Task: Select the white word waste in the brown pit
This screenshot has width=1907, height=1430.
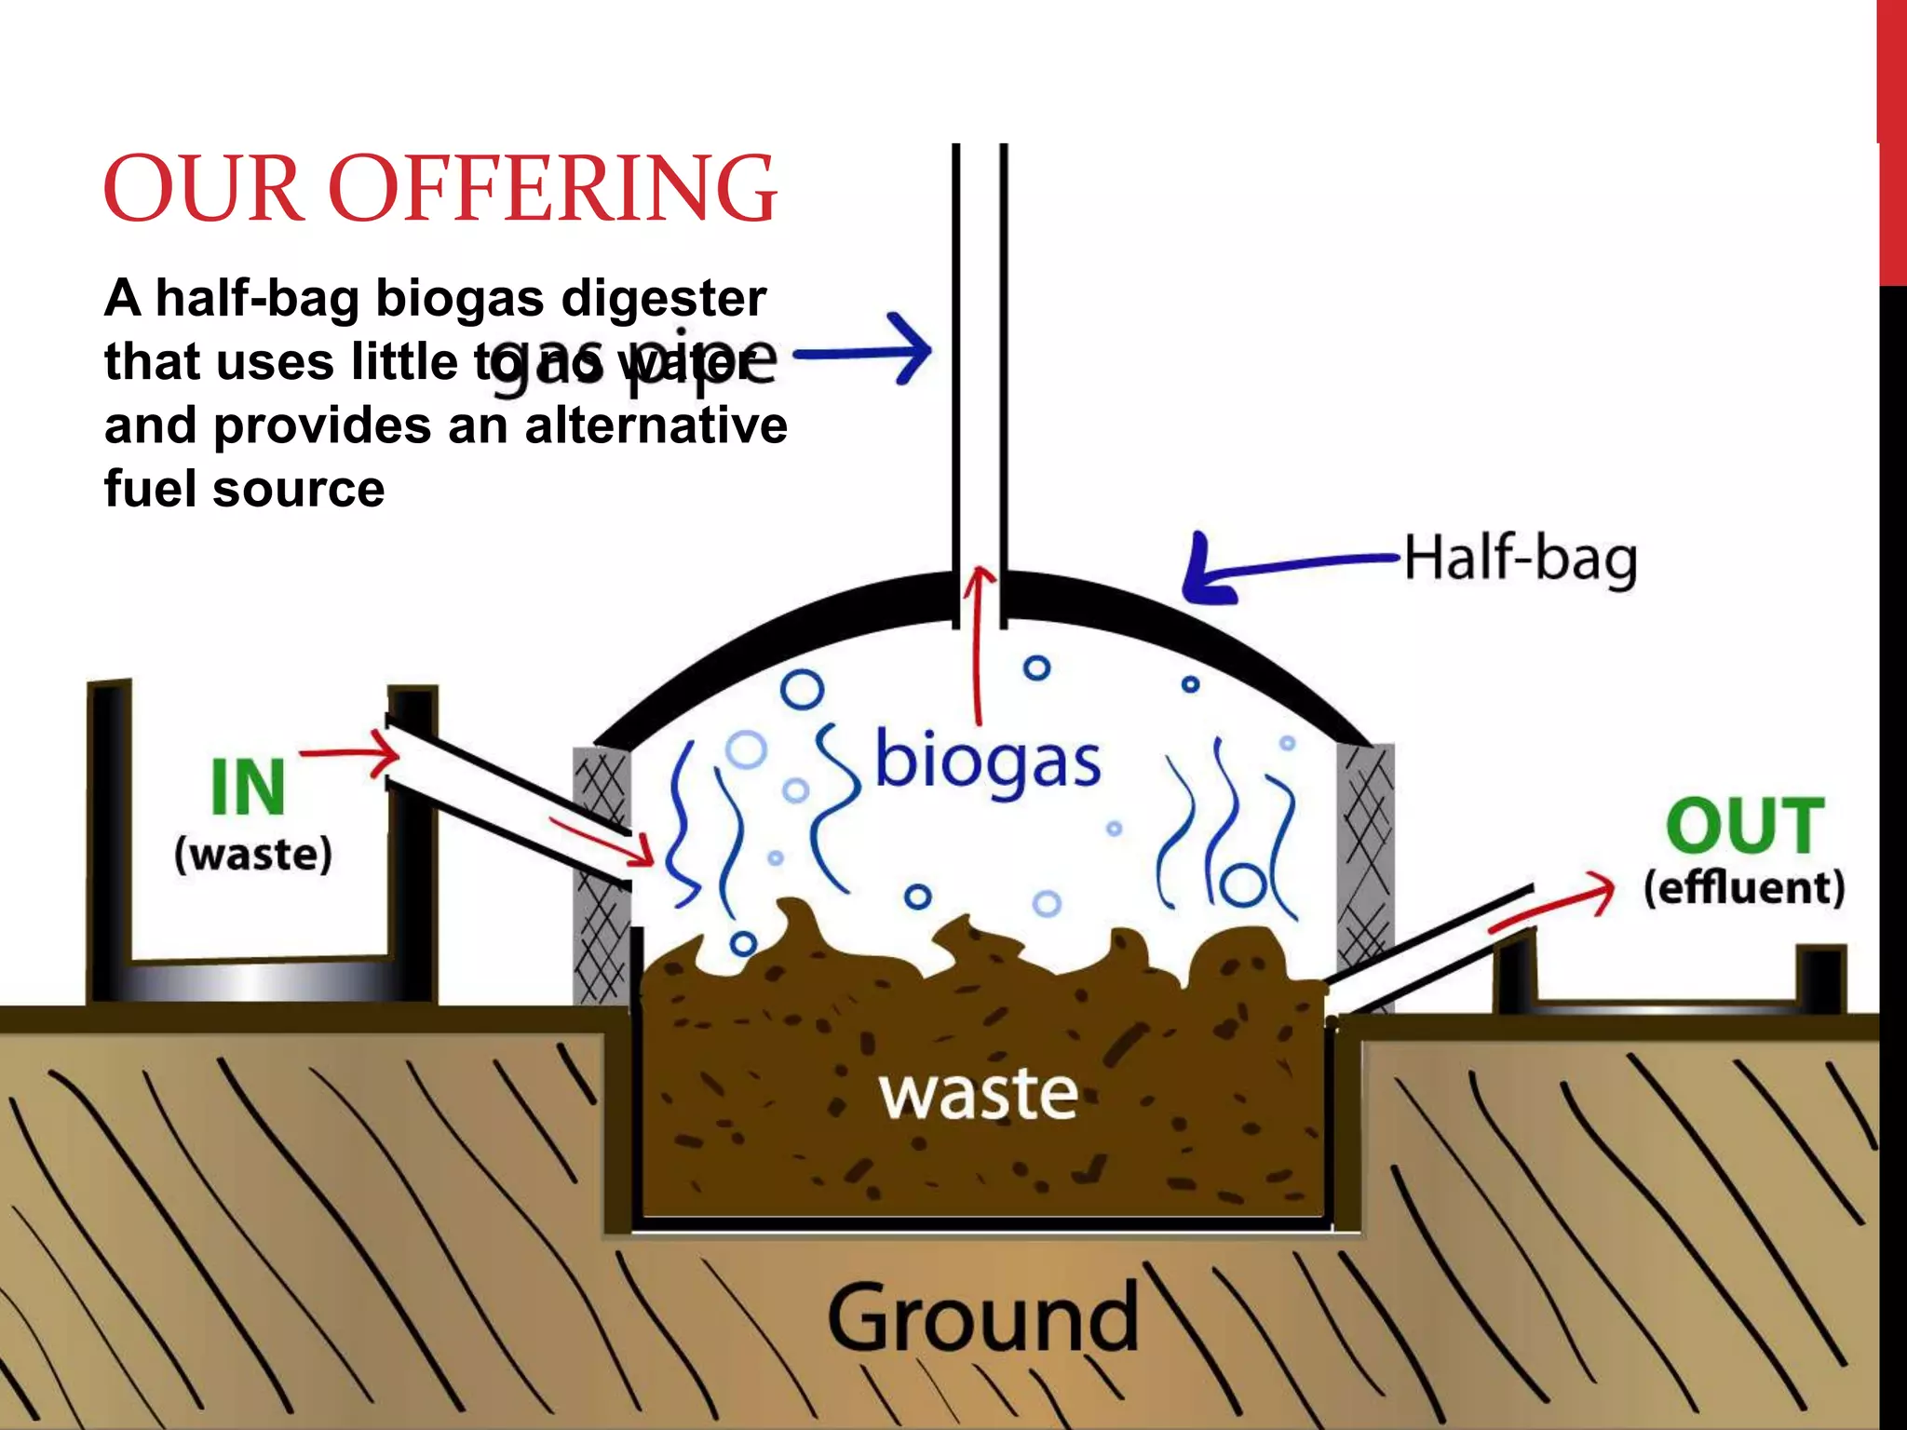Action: (979, 1093)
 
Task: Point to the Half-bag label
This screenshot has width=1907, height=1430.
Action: (1520, 559)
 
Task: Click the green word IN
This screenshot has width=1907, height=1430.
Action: (248, 788)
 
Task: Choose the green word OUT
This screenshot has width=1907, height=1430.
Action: (1744, 826)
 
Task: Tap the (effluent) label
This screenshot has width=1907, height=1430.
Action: (1743, 887)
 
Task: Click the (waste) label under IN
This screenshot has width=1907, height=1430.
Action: (253, 854)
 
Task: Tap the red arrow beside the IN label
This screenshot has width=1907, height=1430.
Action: (350, 753)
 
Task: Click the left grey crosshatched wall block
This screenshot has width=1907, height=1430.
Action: (602, 875)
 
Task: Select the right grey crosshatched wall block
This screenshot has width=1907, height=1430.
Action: (1365, 857)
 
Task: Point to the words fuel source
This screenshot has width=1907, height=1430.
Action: (244, 489)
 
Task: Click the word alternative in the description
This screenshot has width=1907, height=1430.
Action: (656, 425)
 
